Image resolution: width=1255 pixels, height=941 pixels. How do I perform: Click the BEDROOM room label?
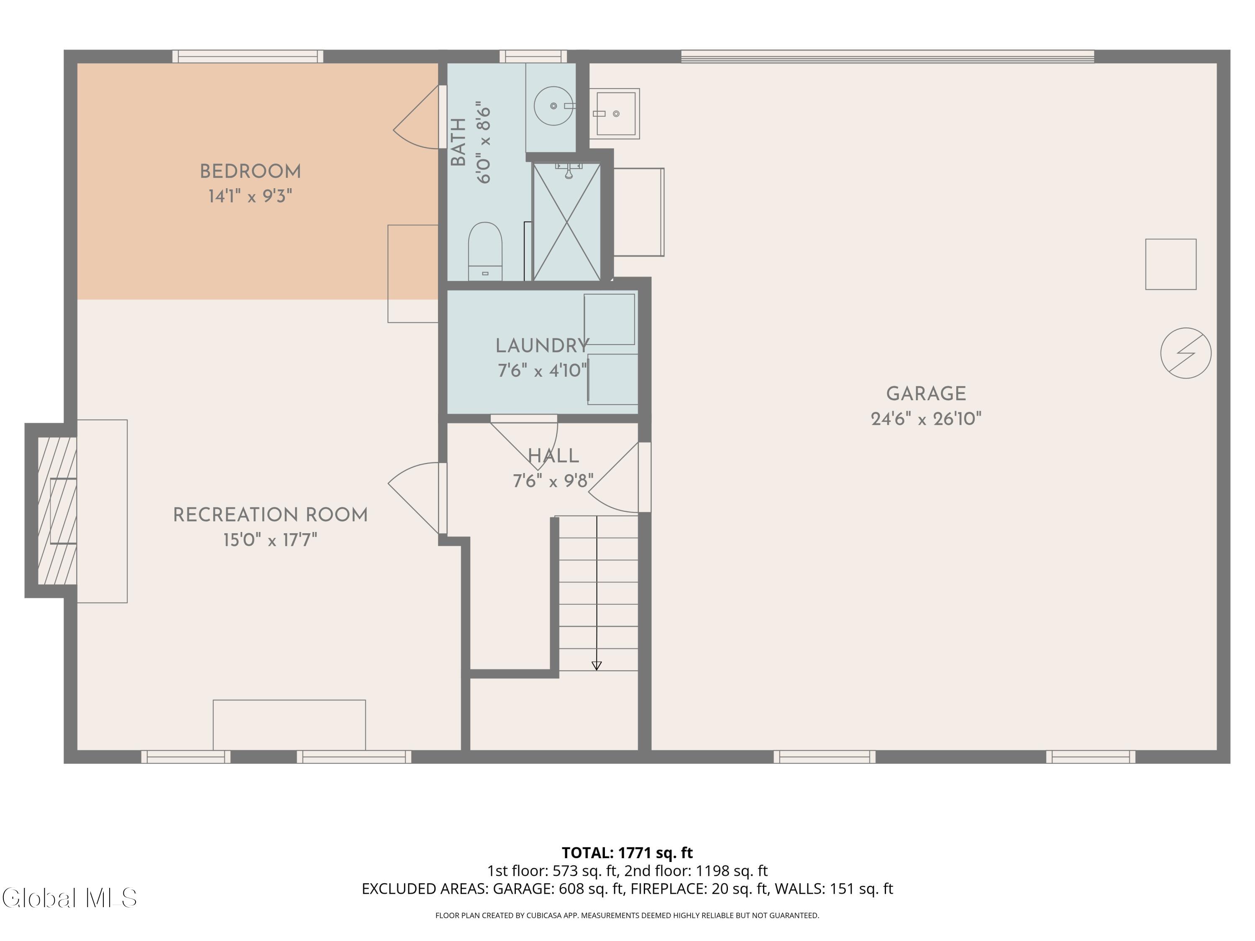coord(250,171)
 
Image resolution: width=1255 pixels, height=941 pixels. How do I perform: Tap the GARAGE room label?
coord(926,394)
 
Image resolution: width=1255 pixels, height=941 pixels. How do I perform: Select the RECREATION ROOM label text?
coord(270,515)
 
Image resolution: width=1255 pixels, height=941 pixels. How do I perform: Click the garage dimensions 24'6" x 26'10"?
coord(926,419)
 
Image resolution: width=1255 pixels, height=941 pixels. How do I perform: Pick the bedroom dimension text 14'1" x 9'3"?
coord(250,196)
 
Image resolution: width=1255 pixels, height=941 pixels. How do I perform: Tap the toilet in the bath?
coord(485,251)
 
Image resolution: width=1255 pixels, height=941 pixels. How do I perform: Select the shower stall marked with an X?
coord(567,221)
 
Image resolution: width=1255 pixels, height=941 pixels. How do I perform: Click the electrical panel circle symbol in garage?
coord(1186,353)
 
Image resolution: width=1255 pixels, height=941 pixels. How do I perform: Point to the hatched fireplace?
coord(57,511)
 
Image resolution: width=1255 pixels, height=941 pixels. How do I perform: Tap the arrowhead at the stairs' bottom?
coord(596,666)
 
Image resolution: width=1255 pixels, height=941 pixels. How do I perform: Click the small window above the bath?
coord(533,56)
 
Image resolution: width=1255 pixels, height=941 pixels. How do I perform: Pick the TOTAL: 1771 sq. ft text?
coord(627,852)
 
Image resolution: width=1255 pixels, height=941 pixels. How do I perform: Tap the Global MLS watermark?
coord(69,898)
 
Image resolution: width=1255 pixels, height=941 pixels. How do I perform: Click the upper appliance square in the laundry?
coord(610,320)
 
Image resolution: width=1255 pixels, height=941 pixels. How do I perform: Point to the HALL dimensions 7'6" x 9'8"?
coord(553,481)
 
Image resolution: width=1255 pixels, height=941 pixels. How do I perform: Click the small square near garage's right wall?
coord(1171,264)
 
